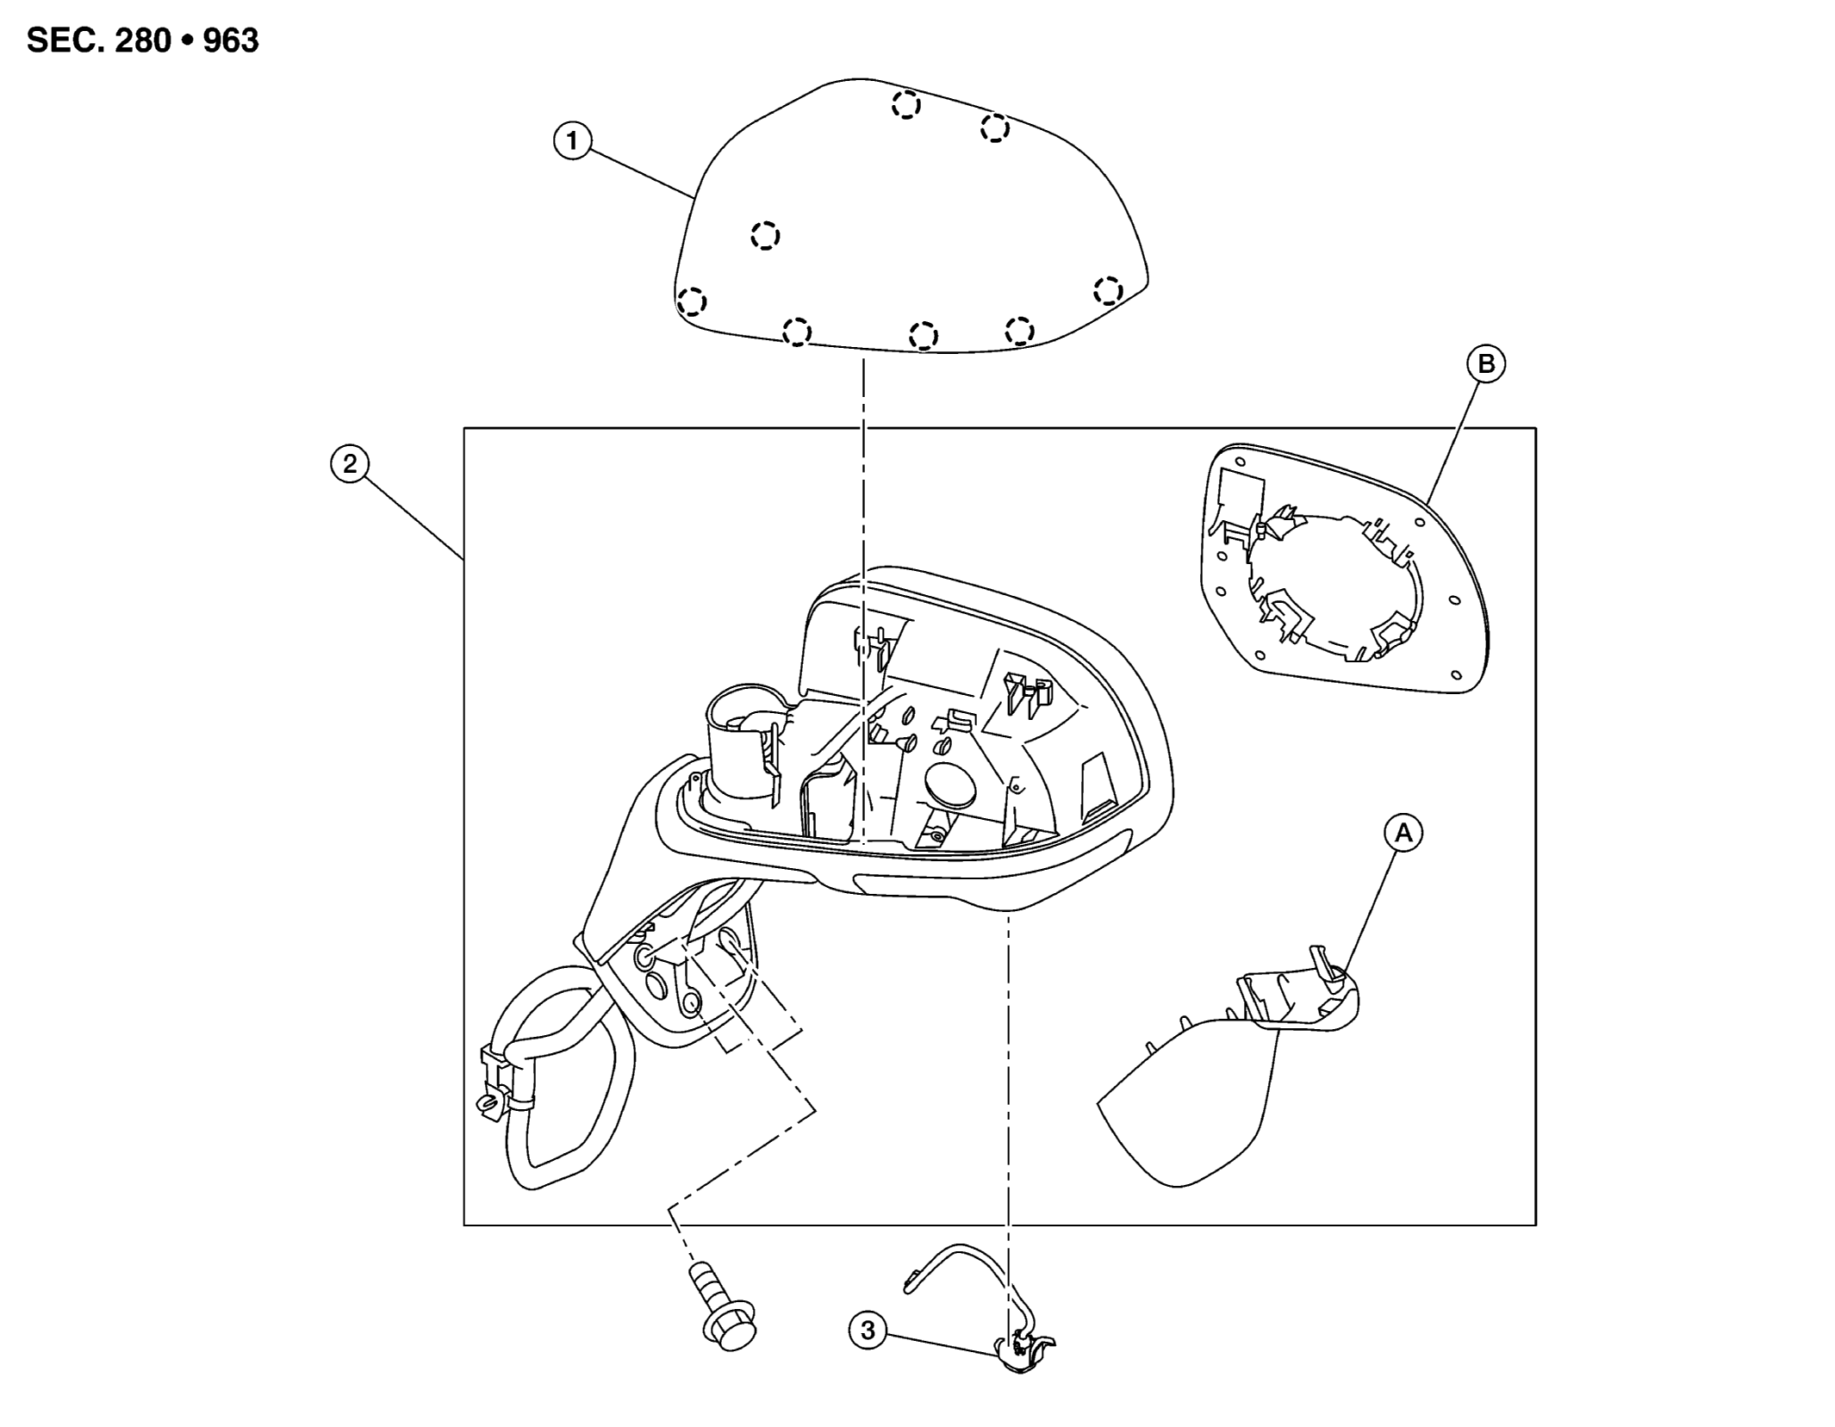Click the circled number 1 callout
pyautogui.click(x=572, y=140)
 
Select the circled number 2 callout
pyautogui.click(x=350, y=464)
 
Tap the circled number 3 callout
pyautogui.click(x=868, y=1331)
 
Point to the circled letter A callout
pyautogui.click(x=1403, y=833)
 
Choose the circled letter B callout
pyautogui.click(x=1486, y=364)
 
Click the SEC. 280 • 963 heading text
pyautogui.click(x=143, y=40)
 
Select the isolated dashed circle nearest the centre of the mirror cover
pyautogui.click(x=765, y=235)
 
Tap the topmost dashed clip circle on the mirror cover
pyautogui.click(x=905, y=105)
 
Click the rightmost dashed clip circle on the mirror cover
pyautogui.click(x=1108, y=290)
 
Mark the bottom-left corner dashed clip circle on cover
pyautogui.click(x=692, y=302)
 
